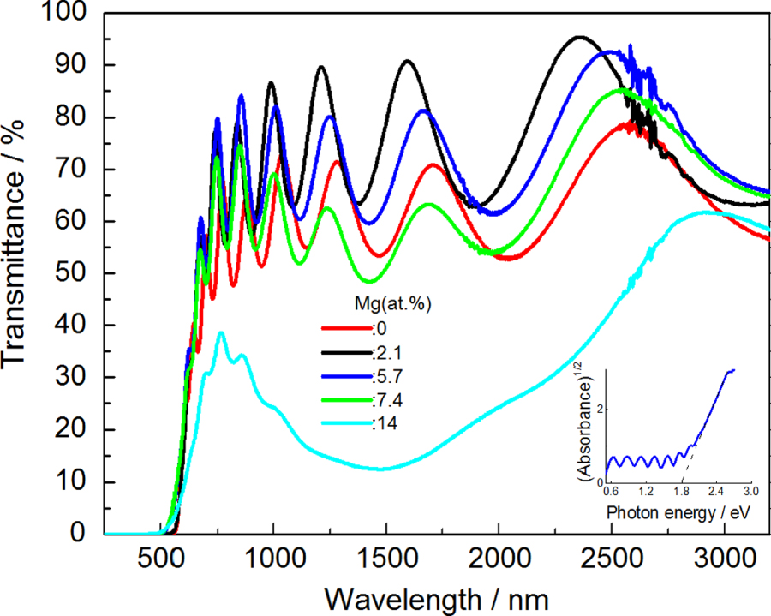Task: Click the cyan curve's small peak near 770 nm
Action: click(x=221, y=332)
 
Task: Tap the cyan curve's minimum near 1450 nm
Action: click(x=381, y=469)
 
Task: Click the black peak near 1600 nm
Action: click(x=409, y=61)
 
